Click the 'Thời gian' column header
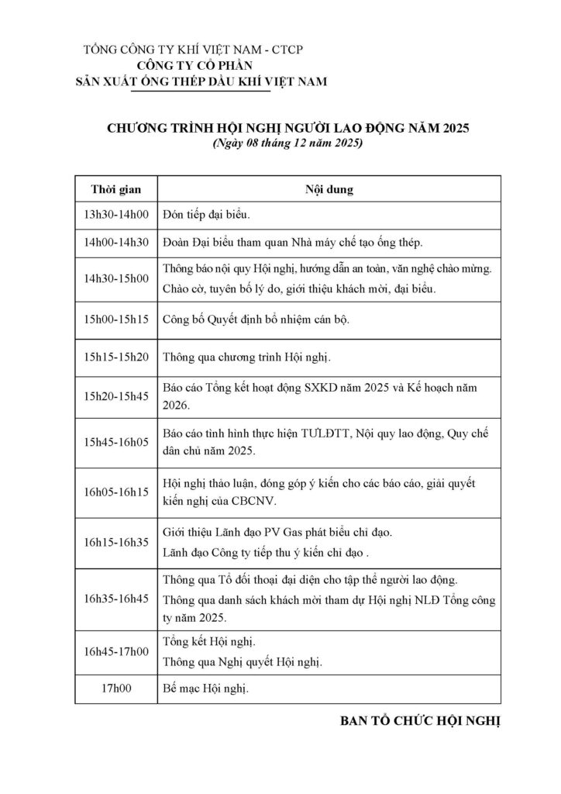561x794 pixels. (x=115, y=189)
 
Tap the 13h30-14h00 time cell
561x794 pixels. (x=115, y=215)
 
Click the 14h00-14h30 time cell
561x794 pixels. (x=115, y=243)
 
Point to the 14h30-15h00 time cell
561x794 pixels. (x=115, y=279)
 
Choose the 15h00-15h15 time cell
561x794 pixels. (x=115, y=319)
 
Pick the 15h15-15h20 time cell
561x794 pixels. (x=115, y=357)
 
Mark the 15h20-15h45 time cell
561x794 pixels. (x=115, y=396)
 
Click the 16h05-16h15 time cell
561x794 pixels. (x=115, y=492)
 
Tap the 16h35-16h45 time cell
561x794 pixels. (x=115, y=599)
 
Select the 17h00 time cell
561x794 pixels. (x=115, y=688)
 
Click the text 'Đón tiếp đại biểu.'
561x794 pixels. (x=207, y=215)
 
